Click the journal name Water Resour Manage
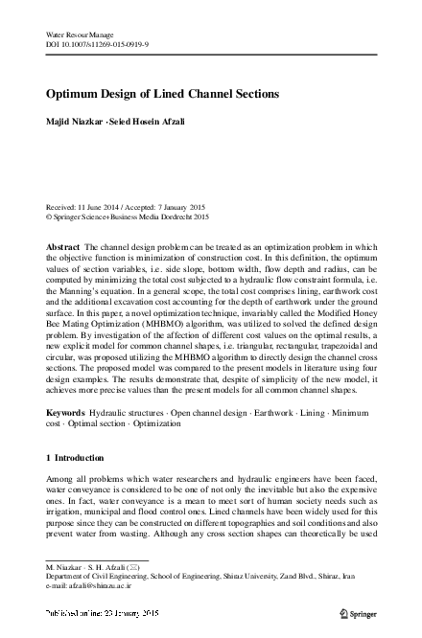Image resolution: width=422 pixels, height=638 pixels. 81,35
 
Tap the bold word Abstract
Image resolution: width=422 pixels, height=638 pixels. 63,246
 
